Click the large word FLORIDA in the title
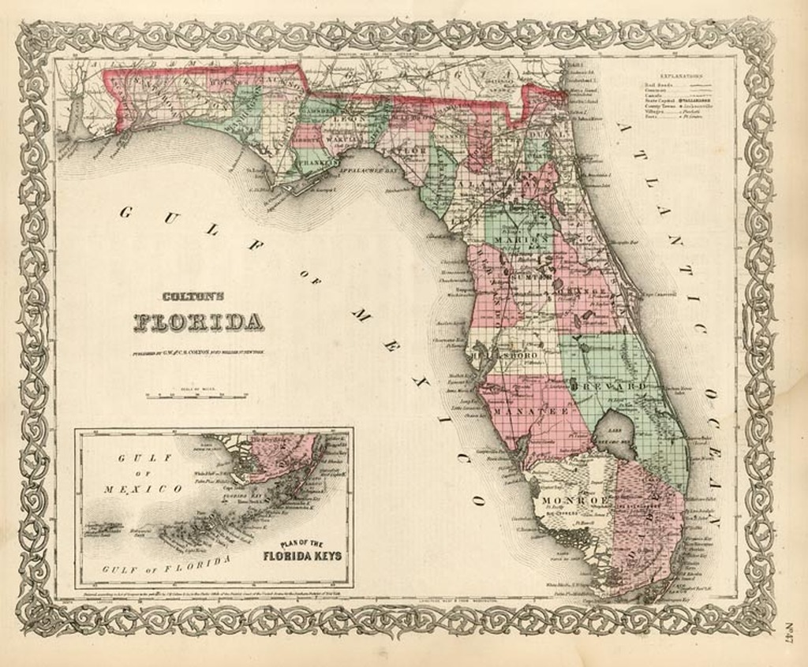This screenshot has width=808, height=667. pos(199,322)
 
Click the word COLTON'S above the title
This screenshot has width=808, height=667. pos(193,297)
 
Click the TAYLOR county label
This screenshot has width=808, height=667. pos(407,150)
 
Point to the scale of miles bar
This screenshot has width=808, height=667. pos(196,395)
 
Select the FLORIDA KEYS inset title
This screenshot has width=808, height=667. pos(302,555)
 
